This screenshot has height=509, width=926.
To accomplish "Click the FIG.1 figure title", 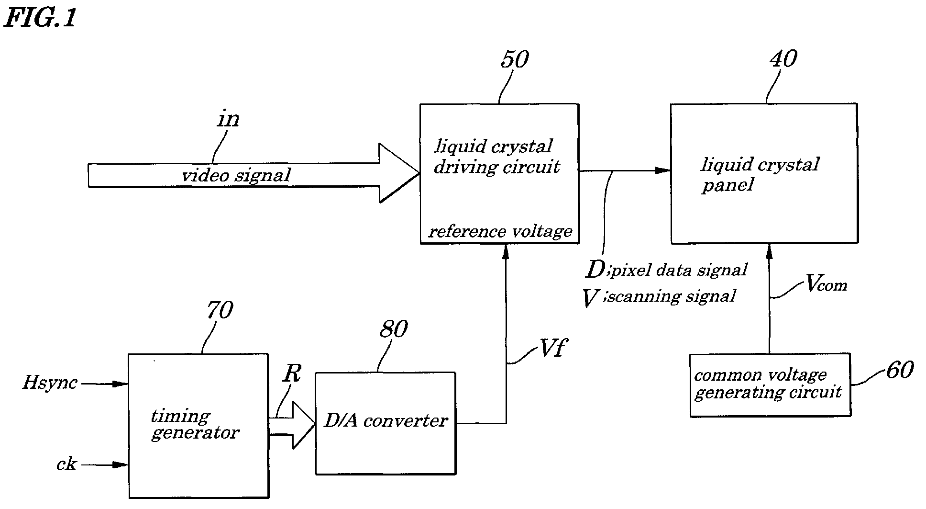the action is point(40,18).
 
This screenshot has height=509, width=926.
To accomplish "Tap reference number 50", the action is point(515,59).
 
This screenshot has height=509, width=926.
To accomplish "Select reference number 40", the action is point(783,58).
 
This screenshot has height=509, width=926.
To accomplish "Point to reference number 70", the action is point(220,310).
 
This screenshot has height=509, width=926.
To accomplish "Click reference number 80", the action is point(394,329).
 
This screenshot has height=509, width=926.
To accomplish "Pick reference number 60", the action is point(900,370).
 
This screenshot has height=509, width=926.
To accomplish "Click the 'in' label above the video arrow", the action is point(228,118).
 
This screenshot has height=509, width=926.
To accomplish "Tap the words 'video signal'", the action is point(236,175).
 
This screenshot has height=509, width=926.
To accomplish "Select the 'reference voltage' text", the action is point(500,231).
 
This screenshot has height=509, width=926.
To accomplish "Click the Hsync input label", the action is point(50,383).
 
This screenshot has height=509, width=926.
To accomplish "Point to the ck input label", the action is point(66,464).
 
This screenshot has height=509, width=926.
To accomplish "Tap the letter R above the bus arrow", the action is point(291,373).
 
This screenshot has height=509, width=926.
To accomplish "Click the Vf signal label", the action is point(552,349).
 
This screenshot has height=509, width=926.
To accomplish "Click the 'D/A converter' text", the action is point(386,420).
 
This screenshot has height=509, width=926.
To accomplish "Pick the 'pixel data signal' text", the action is point(679,270).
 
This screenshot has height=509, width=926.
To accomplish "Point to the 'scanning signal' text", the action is point(672,296).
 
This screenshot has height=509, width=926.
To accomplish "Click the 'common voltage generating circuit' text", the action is point(768,384).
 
